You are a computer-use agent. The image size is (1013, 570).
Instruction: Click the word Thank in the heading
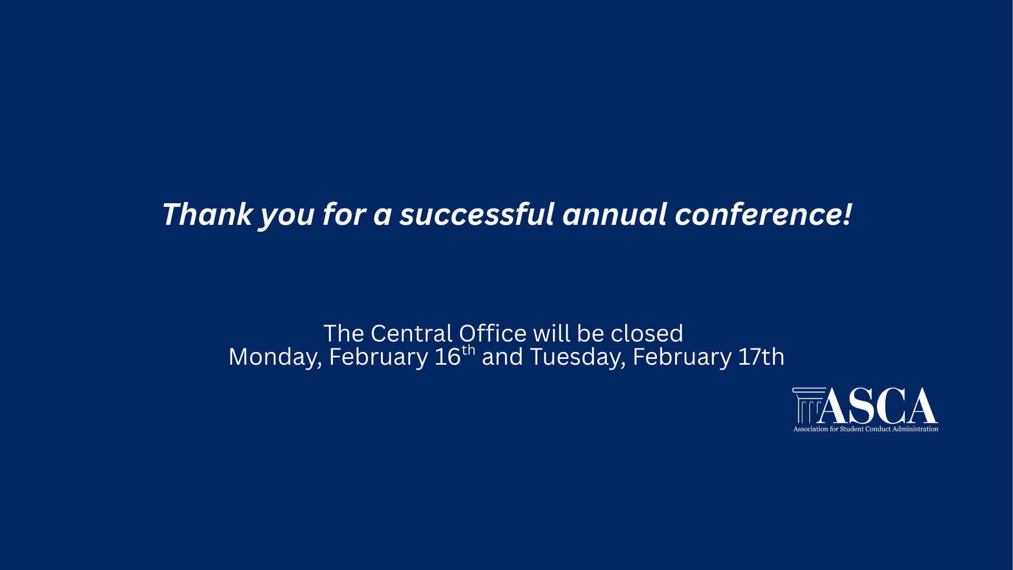click(x=207, y=214)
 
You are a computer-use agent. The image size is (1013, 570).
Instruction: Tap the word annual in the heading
click(x=615, y=214)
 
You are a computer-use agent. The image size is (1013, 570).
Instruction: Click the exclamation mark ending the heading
click(x=847, y=214)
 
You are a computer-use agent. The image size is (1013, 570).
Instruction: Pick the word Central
click(x=412, y=334)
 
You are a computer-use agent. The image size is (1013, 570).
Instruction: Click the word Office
click(x=493, y=334)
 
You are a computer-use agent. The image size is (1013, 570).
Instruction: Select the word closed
click(x=647, y=334)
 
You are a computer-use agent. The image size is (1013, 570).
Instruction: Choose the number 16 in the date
click(x=448, y=357)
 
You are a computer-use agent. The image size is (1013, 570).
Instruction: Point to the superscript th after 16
click(x=469, y=350)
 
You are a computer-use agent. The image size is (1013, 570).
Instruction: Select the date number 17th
click(x=761, y=357)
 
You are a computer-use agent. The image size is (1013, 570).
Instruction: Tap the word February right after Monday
click(x=378, y=357)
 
